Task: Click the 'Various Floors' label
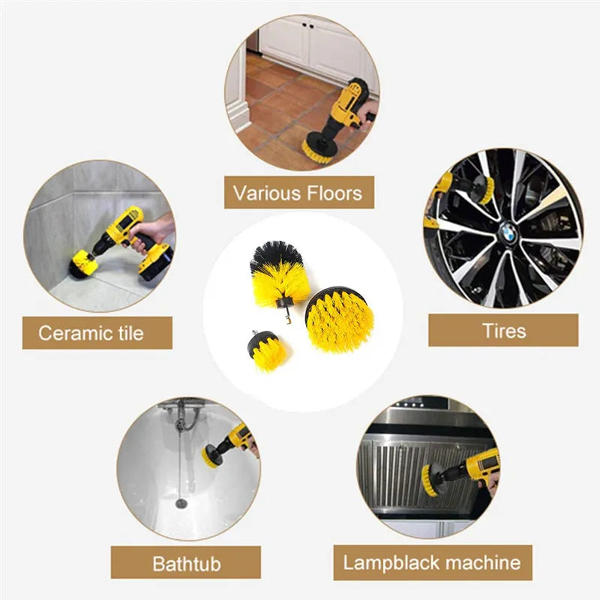pyautogui.click(x=298, y=193)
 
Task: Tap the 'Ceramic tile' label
pyautogui.click(x=91, y=332)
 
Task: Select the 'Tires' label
pyautogui.click(x=503, y=330)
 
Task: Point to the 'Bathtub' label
pyautogui.click(x=186, y=562)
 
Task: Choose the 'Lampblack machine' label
pyautogui.click(x=431, y=562)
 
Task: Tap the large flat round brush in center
pyautogui.click(x=339, y=321)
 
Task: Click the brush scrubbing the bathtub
pyautogui.click(x=212, y=454)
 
